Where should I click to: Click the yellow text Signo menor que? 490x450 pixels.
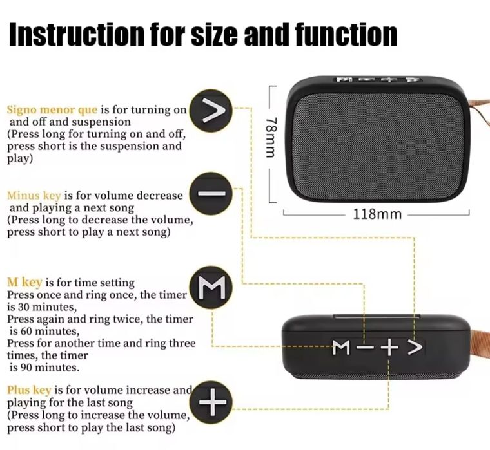(52, 110)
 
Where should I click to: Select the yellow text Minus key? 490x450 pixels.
(32, 195)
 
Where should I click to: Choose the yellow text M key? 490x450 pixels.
(24, 283)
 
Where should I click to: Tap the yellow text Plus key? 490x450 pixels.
(29, 390)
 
